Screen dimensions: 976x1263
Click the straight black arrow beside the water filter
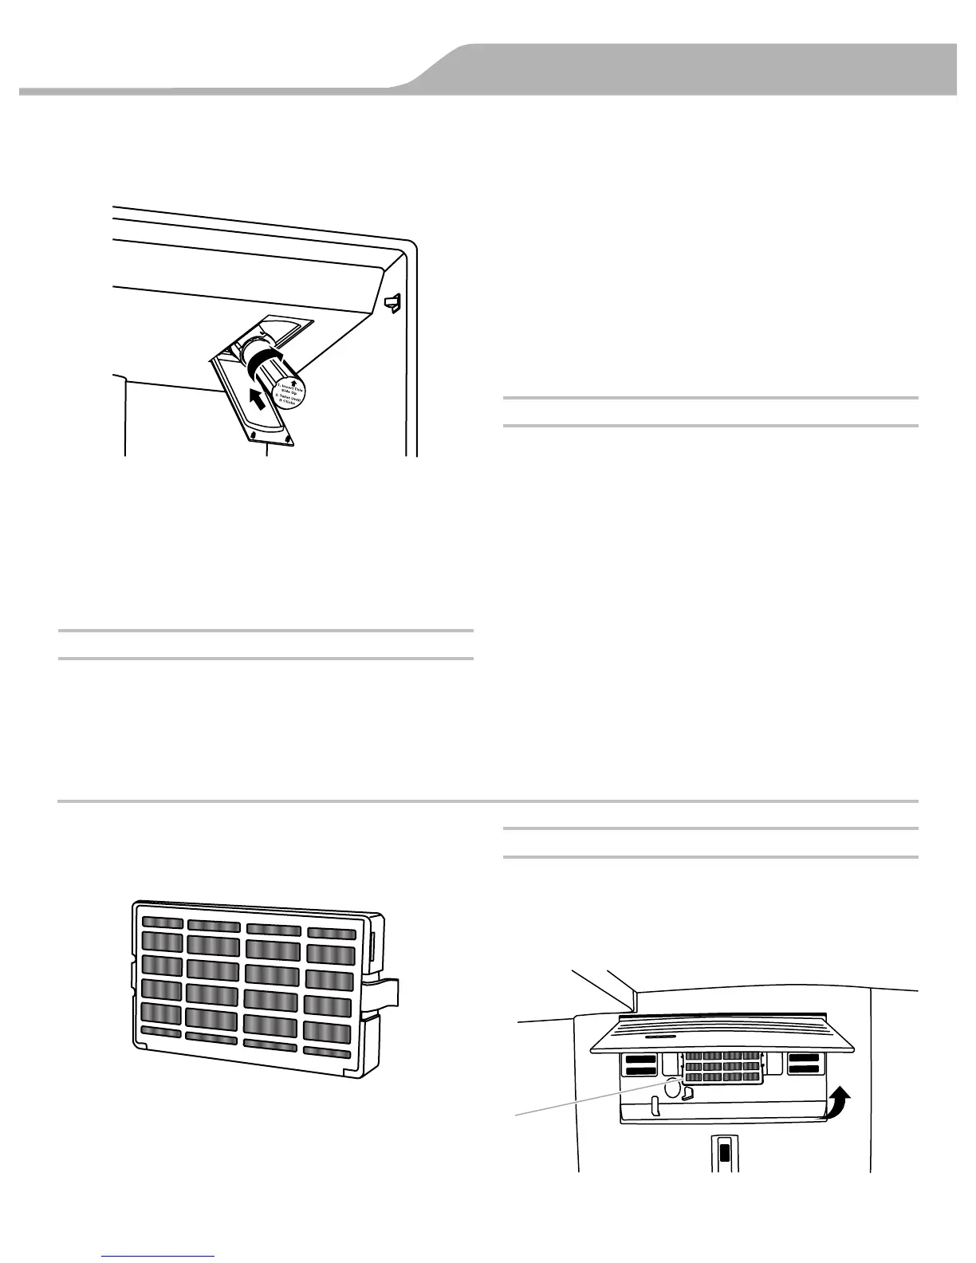pyautogui.click(x=258, y=395)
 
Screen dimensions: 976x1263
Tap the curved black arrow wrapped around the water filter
pyautogui.click(x=266, y=363)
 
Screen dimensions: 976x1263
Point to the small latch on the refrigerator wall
pyautogui.click(x=392, y=301)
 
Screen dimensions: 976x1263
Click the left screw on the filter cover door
pyautogui.click(x=253, y=435)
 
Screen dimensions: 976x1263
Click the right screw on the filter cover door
pyautogui.click(x=284, y=438)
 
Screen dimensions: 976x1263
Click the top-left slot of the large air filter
pyautogui.click(x=162, y=923)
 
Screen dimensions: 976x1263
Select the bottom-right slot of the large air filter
pyautogui.click(x=328, y=1052)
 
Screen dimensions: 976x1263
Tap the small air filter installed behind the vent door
pyautogui.click(x=721, y=1067)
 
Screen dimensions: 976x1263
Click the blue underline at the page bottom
pyautogui.click(x=159, y=1256)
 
